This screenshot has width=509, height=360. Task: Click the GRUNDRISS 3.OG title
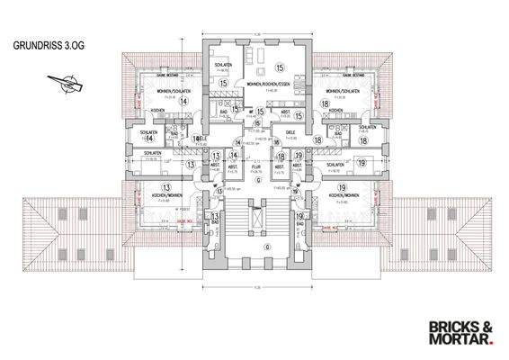click(45, 43)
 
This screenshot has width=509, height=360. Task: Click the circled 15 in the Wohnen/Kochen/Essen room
click(280, 67)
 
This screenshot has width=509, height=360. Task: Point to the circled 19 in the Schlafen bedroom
click(359, 163)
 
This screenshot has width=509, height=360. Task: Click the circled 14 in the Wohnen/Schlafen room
click(183, 102)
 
